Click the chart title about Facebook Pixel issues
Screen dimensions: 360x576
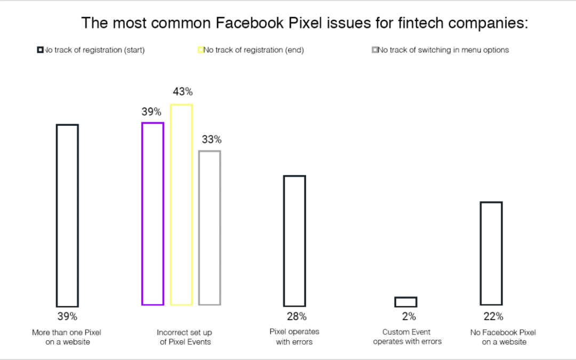[304, 23]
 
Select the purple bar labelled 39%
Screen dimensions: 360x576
[152, 213]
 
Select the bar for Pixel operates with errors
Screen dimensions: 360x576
[294, 240]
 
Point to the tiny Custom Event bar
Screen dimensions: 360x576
[406, 302]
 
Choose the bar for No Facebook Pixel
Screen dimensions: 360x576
[491, 253]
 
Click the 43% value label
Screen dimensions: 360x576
[182, 92]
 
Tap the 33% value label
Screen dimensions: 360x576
[211, 140]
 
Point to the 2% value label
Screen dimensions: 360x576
[409, 316]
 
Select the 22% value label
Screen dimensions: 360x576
[493, 316]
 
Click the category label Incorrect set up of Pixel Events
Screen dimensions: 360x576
[185, 337]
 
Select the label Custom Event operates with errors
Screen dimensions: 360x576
[407, 337]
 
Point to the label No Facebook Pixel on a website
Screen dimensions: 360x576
[503, 337]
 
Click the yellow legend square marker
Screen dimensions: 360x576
[200, 50]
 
